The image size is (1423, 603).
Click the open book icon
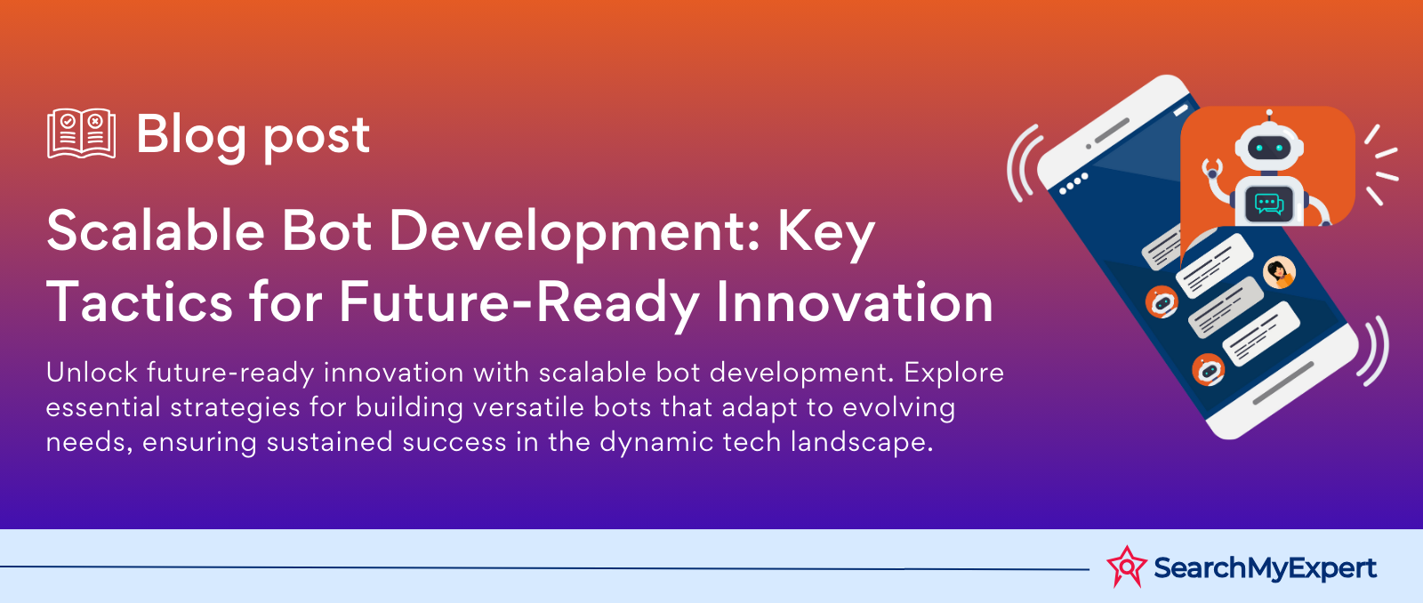pyautogui.click(x=81, y=133)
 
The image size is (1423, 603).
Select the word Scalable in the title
pyautogui.click(x=156, y=230)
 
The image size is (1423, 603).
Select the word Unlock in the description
pyautogui.click(x=92, y=373)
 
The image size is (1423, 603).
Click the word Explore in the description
pyautogui.click(x=954, y=374)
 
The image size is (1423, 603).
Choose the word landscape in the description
pyautogui.click(x=862, y=443)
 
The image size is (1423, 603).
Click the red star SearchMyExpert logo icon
pyautogui.click(x=1126, y=567)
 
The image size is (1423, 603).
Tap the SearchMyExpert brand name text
pyautogui.click(x=1265, y=568)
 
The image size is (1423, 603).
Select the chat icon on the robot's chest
pyautogui.click(x=1268, y=204)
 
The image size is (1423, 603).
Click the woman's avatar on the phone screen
pyautogui.click(x=1279, y=272)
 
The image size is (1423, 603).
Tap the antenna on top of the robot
pyautogui.click(x=1269, y=115)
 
